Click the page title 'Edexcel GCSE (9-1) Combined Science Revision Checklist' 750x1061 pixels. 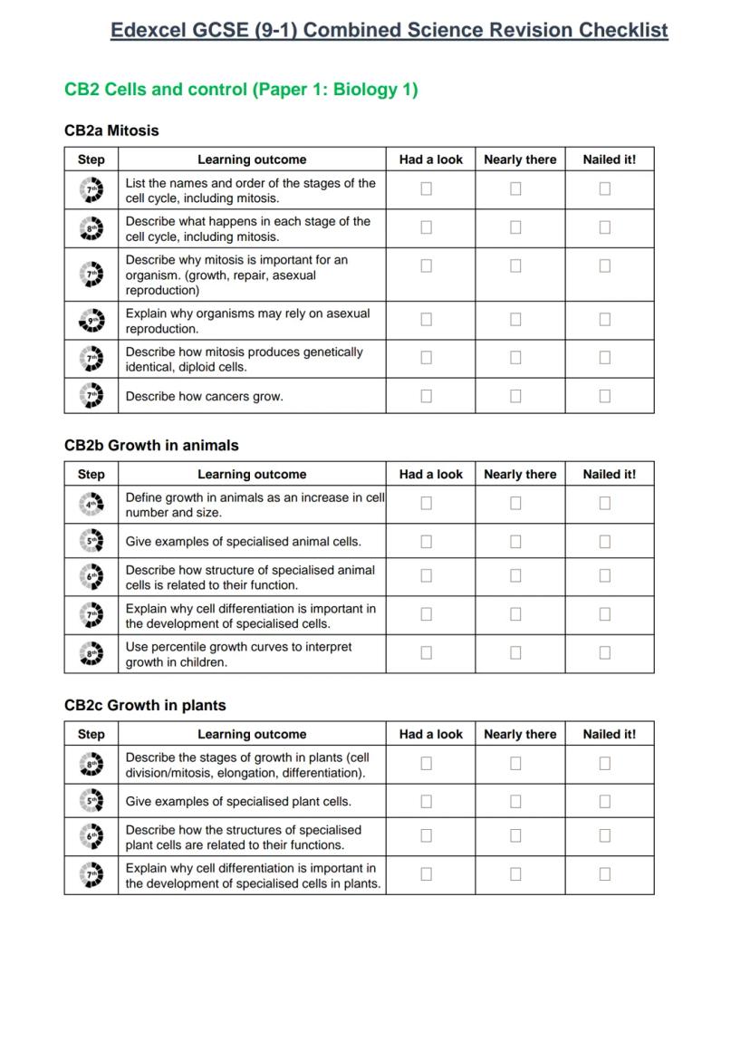(x=389, y=30)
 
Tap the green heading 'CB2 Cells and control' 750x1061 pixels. (x=241, y=90)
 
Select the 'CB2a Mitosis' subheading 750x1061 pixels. (x=111, y=130)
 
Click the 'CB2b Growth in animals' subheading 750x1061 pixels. (x=151, y=445)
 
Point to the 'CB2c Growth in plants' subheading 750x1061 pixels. (x=145, y=705)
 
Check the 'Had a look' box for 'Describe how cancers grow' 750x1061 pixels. (x=427, y=396)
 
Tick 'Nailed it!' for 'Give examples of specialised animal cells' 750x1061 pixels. (x=605, y=541)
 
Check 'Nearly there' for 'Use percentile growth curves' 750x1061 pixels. (x=515, y=652)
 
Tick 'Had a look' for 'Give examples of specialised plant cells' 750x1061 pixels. (x=427, y=801)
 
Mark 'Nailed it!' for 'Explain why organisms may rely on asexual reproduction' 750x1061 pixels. (x=605, y=319)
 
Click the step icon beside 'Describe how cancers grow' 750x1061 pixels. (x=91, y=396)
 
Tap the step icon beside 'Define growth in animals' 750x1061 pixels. (x=91, y=505)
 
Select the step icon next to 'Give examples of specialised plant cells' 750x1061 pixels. (x=91, y=801)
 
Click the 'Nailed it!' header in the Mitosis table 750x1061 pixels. (x=609, y=159)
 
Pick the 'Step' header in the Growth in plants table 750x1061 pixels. (x=91, y=734)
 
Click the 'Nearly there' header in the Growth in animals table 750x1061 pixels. (x=520, y=474)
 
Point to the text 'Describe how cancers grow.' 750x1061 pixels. (x=204, y=396)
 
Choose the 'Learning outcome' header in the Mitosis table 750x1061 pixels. (x=252, y=159)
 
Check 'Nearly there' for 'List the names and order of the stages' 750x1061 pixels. (x=515, y=188)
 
